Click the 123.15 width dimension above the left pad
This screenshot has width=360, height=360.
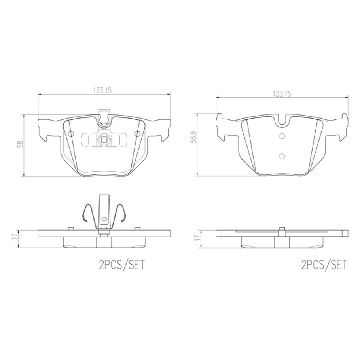(x=102, y=90)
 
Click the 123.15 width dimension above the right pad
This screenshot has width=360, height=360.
(x=281, y=94)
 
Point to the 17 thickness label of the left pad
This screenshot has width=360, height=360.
(x=15, y=237)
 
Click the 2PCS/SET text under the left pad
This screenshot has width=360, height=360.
(x=121, y=265)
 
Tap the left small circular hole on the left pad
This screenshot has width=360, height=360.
(x=71, y=134)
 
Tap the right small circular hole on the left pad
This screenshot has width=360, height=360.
(x=137, y=134)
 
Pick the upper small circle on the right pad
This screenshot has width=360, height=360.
(x=282, y=136)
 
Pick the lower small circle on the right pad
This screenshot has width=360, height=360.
(x=282, y=156)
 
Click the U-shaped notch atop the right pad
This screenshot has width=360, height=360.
(x=282, y=121)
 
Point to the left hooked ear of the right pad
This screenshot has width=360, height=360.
(x=220, y=126)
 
